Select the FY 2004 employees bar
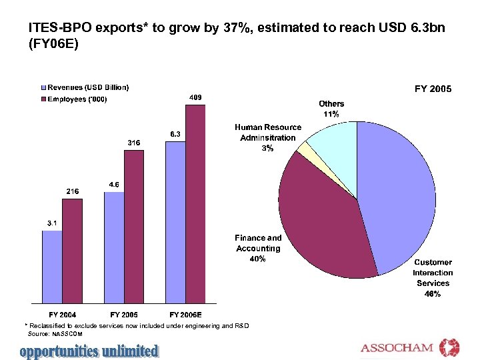(72, 250)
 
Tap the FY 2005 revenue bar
(114, 247)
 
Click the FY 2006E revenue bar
(175, 221)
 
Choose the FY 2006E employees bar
(195, 203)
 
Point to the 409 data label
(196, 97)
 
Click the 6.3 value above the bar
(174, 134)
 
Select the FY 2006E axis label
(185, 314)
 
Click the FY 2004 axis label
(63, 314)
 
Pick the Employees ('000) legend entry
(77, 99)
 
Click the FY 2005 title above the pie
(433, 89)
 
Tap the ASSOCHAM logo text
(397, 348)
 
